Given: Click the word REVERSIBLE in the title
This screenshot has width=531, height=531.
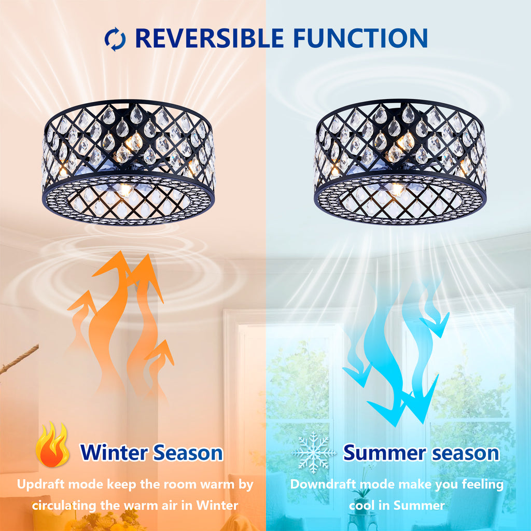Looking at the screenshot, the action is pos(209,38).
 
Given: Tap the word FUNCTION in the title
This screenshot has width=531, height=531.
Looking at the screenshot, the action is pos(360,38).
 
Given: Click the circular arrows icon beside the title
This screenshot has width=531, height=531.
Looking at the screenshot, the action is pos(115,38).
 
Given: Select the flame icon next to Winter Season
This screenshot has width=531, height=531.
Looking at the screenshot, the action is pos(52,444).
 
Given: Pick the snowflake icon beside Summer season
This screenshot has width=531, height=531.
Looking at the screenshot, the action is pos(314,452).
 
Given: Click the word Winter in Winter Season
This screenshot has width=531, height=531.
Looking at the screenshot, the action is pos(114,452).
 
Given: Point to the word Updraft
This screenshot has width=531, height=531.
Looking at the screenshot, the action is pos(40,484).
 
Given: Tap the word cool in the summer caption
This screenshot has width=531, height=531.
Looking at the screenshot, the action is pos(361,506).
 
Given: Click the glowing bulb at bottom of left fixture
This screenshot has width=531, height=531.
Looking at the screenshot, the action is pos(124,190).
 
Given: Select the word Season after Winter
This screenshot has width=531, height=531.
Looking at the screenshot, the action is pos(188,452).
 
